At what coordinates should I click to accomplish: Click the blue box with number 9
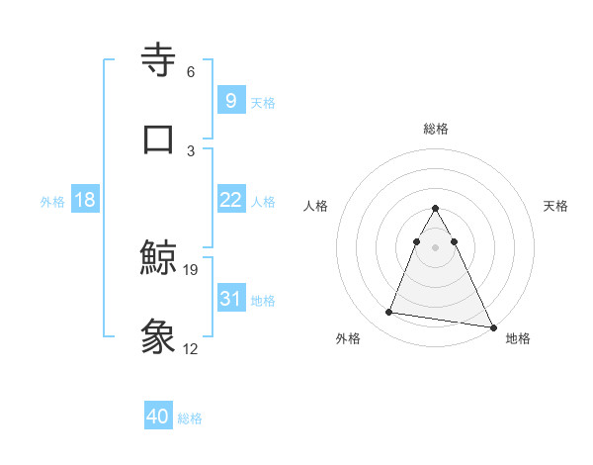[x=230, y=100]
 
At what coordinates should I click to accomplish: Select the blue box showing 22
[x=230, y=200]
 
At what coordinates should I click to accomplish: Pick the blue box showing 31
[x=230, y=299]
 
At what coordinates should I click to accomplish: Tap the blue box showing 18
[x=85, y=200]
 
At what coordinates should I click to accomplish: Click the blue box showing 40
[x=158, y=417]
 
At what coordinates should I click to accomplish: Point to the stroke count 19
[x=191, y=269]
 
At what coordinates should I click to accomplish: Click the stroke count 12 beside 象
[x=191, y=348]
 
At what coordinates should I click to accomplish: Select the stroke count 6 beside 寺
[x=190, y=72]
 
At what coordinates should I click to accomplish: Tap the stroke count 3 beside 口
[x=190, y=150]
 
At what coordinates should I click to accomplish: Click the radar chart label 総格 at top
[x=435, y=129]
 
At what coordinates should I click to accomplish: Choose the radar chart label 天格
[x=555, y=206]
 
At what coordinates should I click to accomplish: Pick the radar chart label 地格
[x=518, y=339]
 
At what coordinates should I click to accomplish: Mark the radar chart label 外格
[x=348, y=339]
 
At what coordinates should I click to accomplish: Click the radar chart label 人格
[x=316, y=206]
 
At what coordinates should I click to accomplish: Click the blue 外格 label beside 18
[x=51, y=201]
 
